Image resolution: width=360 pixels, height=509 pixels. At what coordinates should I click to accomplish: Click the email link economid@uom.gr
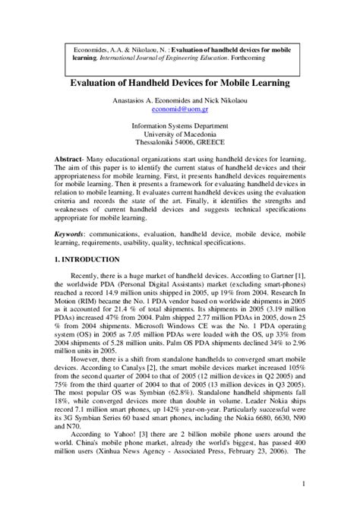180,109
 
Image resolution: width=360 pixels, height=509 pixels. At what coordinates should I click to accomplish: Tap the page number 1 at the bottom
302,483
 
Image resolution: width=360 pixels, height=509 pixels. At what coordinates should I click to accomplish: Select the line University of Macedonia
180,134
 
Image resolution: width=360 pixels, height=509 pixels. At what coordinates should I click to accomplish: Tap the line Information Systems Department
180,126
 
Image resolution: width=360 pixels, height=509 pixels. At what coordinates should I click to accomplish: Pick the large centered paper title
180,81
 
